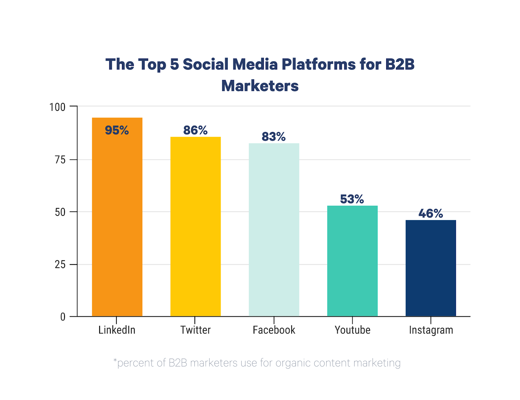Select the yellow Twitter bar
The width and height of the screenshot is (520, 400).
coord(195,227)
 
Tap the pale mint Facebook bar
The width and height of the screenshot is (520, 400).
coord(274,231)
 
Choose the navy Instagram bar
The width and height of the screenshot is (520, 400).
coord(431,268)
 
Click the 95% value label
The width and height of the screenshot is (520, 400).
coord(117,131)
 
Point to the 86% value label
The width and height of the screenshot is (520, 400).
coord(195,130)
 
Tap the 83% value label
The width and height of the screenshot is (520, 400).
coord(274,137)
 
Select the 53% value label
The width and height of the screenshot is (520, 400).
coord(352,199)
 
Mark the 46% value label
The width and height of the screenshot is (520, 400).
coord(431,213)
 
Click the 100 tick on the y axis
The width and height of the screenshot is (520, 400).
coord(57,107)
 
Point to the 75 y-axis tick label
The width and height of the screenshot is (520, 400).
coord(60,160)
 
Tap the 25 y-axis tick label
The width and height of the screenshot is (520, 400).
coord(60,265)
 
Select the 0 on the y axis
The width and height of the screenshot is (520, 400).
coord(63,317)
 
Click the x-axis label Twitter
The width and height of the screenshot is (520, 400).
coord(195,330)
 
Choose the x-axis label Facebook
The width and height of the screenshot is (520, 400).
coord(274,330)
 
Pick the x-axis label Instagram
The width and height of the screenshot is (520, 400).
coord(431,330)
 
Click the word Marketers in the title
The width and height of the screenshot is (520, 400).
coord(260,86)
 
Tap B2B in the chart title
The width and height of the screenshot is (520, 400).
coord(400,64)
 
